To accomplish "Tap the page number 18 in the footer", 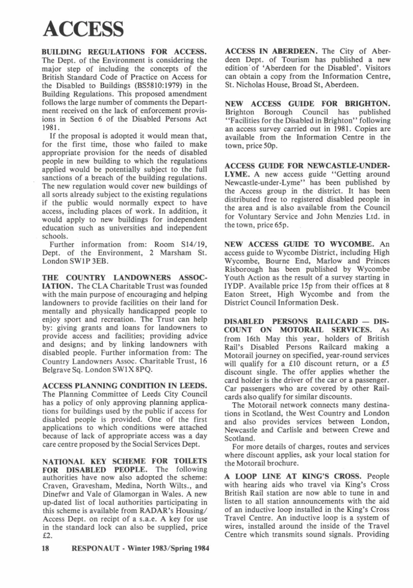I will coord(45,548).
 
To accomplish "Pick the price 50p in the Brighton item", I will coord(282,145).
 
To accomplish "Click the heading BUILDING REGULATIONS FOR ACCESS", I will coord(125,51).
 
